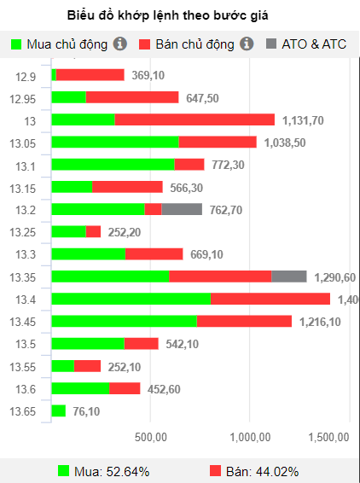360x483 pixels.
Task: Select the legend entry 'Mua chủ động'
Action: [61, 44]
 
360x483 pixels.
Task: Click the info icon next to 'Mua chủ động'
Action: [120, 44]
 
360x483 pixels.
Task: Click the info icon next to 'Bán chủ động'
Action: [247, 44]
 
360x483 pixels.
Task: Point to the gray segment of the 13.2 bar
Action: [182, 209]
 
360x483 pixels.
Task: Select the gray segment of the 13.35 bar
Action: [288, 276]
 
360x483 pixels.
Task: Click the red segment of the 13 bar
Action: [195, 119]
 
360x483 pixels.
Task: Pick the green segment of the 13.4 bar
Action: [131, 299]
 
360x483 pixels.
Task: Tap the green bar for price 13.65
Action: [58, 410]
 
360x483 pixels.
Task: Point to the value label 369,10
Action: [148, 75]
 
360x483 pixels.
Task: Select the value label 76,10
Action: [86, 411]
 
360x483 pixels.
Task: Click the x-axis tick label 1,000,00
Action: [249, 437]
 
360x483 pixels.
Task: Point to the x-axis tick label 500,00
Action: [150, 437]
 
